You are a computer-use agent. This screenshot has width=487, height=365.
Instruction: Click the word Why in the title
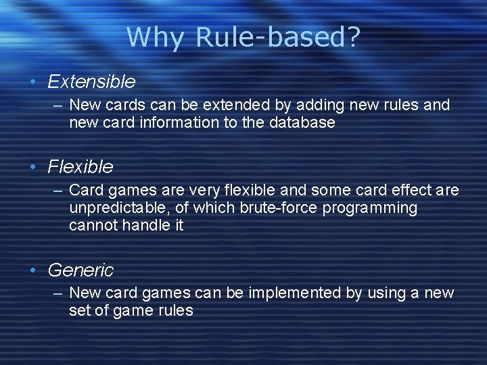pyautogui.click(x=155, y=38)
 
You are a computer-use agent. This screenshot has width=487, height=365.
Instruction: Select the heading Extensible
pyautogui.click(x=91, y=82)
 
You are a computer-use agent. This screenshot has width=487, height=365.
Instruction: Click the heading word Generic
pyautogui.click(x=80, y=270)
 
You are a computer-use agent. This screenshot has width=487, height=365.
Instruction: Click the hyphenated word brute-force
pyautogui.click(x=279, y=208)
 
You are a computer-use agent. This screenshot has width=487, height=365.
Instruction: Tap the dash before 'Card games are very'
pyautogui.click(x=57, y=190)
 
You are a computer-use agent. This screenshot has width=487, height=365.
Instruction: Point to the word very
pyautogui.click(x=228, y=190)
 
